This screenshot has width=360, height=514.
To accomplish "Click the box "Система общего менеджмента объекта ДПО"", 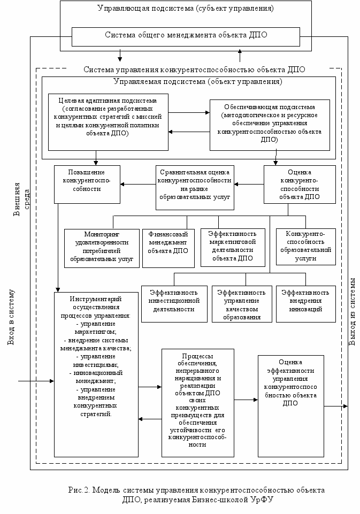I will click(186, 36).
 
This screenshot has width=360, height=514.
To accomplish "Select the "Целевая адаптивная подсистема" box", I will click(108, 121).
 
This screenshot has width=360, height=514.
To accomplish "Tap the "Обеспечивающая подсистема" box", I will click(270, 124).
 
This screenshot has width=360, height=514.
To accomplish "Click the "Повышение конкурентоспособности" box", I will click(86, 184).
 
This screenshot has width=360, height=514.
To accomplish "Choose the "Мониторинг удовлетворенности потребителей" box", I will click(102, 248).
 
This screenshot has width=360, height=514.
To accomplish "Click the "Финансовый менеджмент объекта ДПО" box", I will click(168, 248).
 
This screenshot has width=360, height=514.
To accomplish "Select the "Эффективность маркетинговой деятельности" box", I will click(232, 248).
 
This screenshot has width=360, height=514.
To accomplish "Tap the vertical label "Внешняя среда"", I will click(20, 200).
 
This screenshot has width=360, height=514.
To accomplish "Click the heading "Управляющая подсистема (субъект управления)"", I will click(186, 9).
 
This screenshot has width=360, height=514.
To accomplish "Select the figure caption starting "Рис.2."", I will click(197, 495).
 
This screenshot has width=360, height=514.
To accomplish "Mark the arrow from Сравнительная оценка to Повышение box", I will click(137, 185).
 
